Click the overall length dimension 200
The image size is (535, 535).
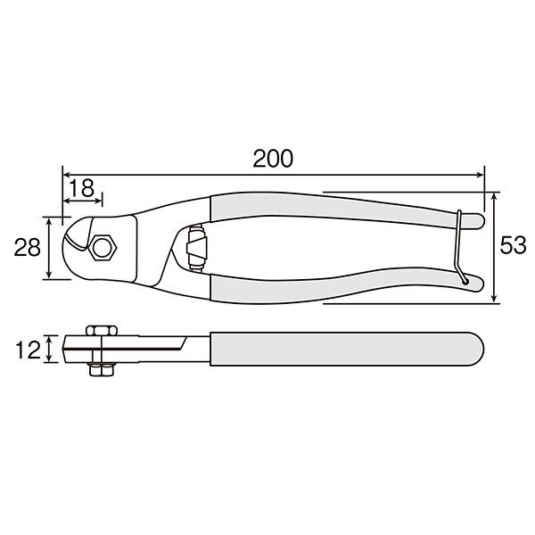[x=273, y=159]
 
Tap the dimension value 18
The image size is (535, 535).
[x=81, y=188]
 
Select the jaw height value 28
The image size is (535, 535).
[x=27, y=247]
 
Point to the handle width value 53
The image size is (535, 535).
[x=513, y=245]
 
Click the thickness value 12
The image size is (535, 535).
[x=29, y=350]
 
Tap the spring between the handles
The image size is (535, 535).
[x=196, y=248]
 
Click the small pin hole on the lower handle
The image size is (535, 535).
[x=465, y=282]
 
